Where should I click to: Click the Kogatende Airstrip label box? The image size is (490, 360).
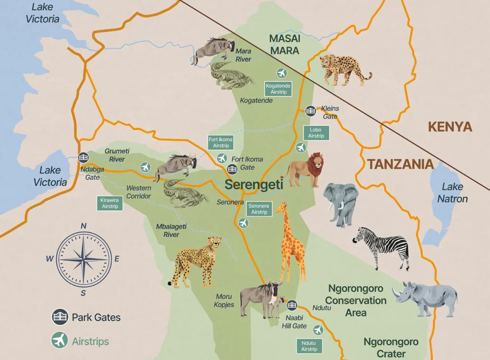[278, 89]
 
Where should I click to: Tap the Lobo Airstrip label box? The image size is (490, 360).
[315, 133]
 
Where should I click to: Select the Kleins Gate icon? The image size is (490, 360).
[310, 110]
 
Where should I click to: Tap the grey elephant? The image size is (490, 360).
[341, 202]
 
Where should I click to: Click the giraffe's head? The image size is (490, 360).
[282, 208]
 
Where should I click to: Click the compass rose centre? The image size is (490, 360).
[83, 259]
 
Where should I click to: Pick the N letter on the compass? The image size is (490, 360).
[83, 226]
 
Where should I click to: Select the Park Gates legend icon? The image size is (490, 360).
[60, 317]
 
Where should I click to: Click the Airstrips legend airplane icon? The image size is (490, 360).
[60, 341]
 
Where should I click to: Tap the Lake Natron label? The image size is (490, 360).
[452, 193]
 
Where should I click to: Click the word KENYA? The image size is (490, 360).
[450, 126]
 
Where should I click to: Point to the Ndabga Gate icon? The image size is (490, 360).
[83, 158]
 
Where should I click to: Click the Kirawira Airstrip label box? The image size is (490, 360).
[110, 203]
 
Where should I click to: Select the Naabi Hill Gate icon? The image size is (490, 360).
[292, 305]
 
